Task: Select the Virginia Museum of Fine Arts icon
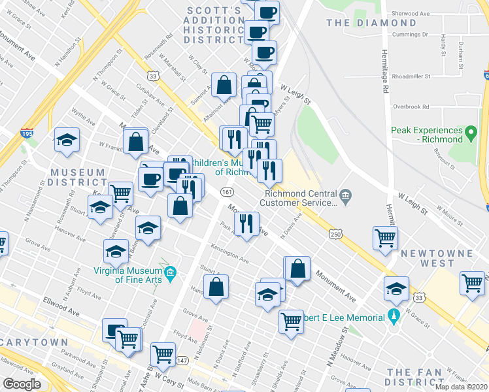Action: coord(171,272)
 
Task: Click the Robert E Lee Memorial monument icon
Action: coord(393,318)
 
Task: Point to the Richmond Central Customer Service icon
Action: coord(346,194)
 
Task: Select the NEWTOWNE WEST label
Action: coord(428,258)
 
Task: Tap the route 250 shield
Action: coord(335,234)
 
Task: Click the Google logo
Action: coord(22,384)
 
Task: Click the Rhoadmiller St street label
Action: coord(409,76)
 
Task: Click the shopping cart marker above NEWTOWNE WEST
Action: coord(385,238)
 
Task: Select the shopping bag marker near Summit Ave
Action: coord(224,84)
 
